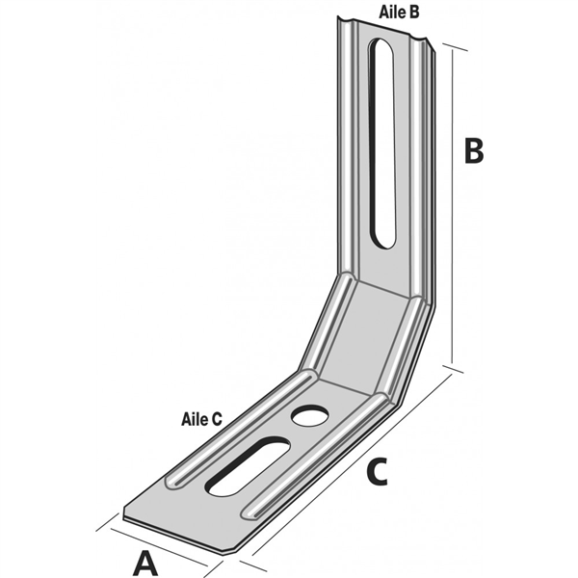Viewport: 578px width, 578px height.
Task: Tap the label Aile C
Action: (201, 419)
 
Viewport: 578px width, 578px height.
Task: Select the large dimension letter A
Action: (144, 562)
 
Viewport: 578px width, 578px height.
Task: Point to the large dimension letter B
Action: (474, 152)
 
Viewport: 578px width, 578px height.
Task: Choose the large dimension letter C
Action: (378, 473)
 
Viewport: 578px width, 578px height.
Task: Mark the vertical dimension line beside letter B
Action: (452, 207)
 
